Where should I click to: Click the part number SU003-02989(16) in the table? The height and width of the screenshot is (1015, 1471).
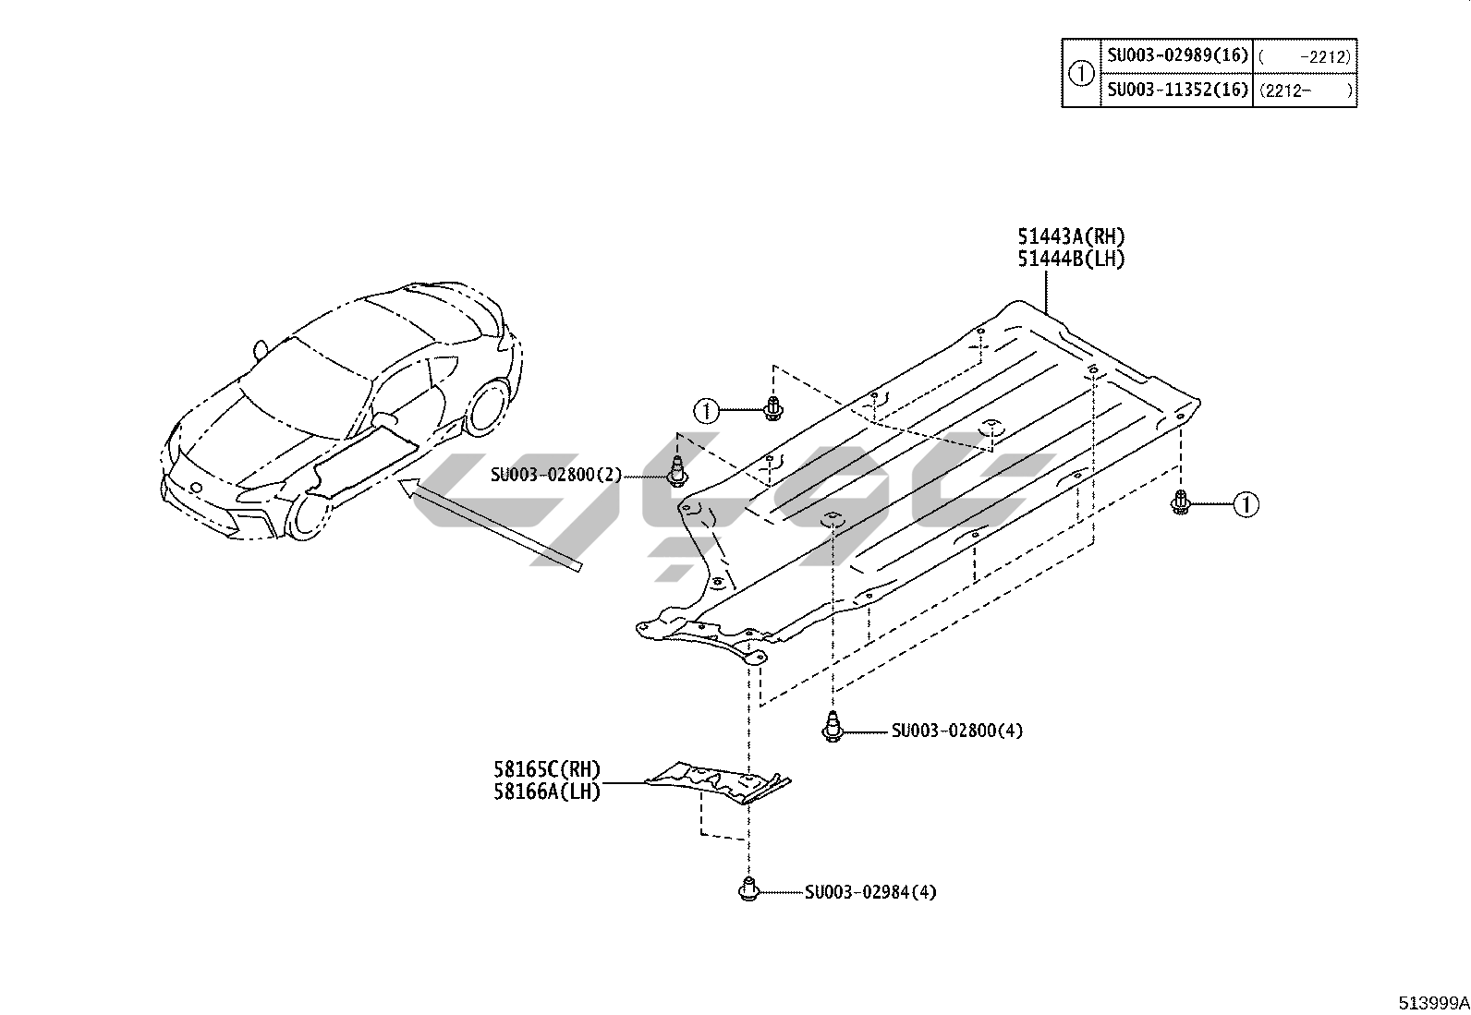point(1176,55)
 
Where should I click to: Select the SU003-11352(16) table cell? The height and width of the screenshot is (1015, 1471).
point(1176,90)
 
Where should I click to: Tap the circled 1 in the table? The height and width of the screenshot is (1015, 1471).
point(1081,73)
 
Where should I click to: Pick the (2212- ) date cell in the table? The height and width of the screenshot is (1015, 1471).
point(1305,90)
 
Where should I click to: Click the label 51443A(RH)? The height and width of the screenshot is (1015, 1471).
point(1071,237)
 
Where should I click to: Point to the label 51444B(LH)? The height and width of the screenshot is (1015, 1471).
point(1071,260)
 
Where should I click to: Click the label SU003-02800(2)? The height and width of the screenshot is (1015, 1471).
point(556,475)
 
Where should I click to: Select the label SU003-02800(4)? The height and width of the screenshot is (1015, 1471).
point(956,731)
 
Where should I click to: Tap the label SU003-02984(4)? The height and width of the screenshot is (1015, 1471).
point(869,892)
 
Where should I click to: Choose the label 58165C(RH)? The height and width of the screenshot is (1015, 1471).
point(546,769)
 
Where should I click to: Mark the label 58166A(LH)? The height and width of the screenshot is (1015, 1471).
point(546,791)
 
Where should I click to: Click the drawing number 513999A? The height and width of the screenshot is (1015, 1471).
point(1432,1003)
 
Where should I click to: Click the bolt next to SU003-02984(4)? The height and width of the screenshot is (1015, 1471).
point(748,890)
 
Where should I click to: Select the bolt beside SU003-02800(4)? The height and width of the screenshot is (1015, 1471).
point(833,728)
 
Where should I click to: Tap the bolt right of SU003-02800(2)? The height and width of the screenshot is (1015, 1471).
point(678,473)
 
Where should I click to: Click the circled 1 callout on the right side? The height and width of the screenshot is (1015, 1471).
point(1246,504)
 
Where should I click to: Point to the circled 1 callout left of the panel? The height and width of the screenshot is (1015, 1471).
point(707,409)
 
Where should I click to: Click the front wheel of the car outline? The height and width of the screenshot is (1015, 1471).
point(308,516)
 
